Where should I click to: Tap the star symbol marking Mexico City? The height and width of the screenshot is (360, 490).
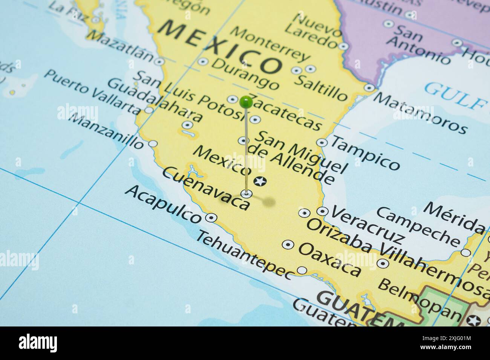coord(260,182)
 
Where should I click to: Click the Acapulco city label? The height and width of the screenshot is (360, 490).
coord(163,204)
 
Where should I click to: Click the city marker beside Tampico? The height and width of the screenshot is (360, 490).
coord(322,142)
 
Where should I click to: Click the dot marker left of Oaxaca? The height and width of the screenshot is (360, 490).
coord(288,244)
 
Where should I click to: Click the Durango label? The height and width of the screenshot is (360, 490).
coord(246,73)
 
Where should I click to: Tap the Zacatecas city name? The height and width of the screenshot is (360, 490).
coord(286,112)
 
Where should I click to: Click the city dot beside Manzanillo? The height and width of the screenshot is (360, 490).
coord(153,143)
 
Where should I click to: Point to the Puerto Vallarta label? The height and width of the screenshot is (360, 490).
coord(91,91)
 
